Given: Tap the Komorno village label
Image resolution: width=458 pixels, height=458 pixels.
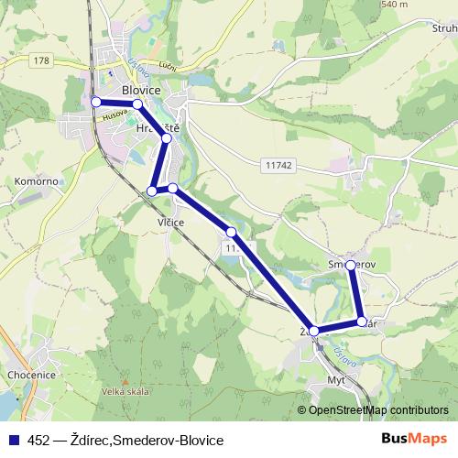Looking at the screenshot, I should [x=36, y=181].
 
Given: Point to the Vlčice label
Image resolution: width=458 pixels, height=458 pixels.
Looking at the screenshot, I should [x=171, y=223].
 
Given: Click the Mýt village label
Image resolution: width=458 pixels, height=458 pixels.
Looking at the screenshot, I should [x=337, y=378].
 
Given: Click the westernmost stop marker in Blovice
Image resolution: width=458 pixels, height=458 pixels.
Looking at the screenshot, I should [x=96, y=102].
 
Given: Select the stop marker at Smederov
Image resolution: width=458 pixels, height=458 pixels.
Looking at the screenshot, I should [x=351, y=265].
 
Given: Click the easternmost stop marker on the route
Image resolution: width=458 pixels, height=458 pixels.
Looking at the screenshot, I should [x=362, y=322].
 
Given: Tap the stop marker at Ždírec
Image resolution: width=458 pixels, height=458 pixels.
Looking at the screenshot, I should [x=314, y=331].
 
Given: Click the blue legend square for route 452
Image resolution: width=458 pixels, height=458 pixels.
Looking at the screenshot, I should [x=14, y=441].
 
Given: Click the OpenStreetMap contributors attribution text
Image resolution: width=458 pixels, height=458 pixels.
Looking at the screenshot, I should [x=378, y=411].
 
